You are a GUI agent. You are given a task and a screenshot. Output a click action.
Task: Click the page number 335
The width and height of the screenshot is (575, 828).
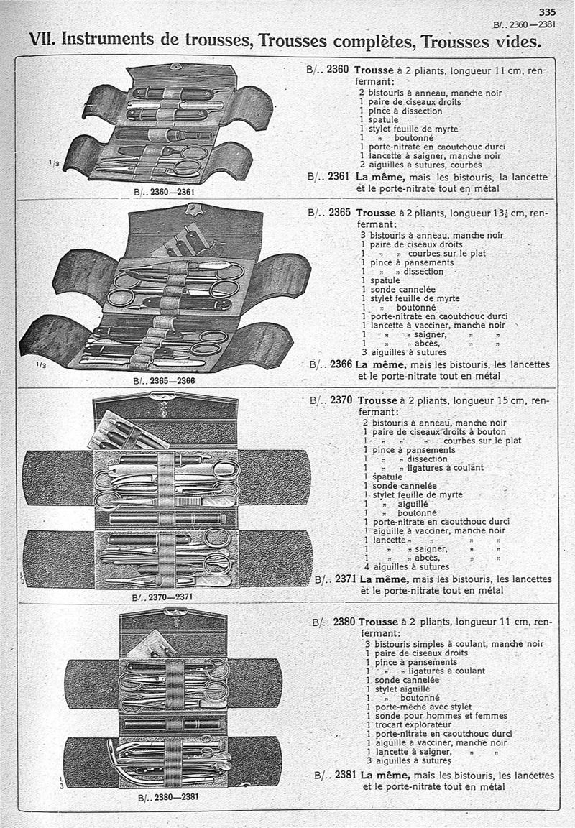pos(548,11)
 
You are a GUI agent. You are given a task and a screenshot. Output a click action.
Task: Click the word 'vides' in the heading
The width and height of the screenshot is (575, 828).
pos(516,41)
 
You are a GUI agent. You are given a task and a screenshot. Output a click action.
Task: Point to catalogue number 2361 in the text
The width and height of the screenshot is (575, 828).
pos(339,176)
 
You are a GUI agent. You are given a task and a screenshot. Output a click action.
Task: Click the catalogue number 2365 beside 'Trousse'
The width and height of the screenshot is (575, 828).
pos(341,213)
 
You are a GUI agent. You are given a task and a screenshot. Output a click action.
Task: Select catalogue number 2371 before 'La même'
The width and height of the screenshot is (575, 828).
pos(346,579)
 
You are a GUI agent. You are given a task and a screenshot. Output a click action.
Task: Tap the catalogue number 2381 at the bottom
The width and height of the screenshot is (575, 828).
pos(346,776)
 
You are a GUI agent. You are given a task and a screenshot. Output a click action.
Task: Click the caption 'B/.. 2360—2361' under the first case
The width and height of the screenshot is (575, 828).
pos(165,193)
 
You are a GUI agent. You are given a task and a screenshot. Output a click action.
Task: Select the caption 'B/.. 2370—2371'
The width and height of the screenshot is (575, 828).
pos(163,597)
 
